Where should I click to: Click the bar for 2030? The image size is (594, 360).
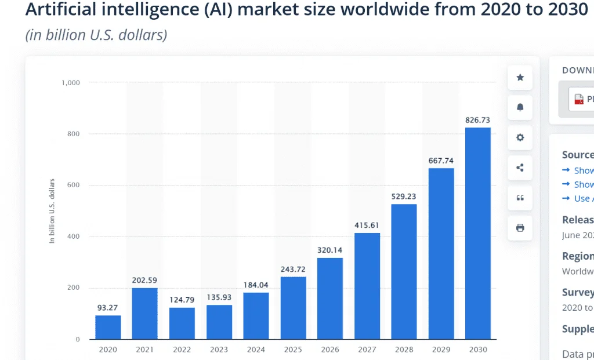click(478, 233)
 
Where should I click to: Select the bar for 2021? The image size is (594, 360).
click(144, 314)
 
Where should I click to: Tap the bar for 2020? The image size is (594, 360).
click(108, 327)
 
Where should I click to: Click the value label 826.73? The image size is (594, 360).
click(478, 120)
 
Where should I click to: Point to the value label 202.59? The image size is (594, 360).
click(144, 281)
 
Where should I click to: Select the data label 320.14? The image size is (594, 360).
click(330, 250)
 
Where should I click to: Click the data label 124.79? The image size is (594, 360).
click(182, 300)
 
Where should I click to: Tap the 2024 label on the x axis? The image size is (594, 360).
click(256, 350)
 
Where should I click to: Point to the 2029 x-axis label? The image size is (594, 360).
click(441, 350)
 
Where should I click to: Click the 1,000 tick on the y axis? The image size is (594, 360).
click(71, 83)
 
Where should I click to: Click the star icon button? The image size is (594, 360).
click(520, 78)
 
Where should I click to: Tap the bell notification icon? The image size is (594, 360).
click(520, 108)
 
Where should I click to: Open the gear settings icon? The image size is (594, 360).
click(520, 138)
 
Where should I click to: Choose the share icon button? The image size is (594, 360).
click(520, 168)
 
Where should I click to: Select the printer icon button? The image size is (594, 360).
click(520, 228)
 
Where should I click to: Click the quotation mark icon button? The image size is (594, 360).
click(520, 198)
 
